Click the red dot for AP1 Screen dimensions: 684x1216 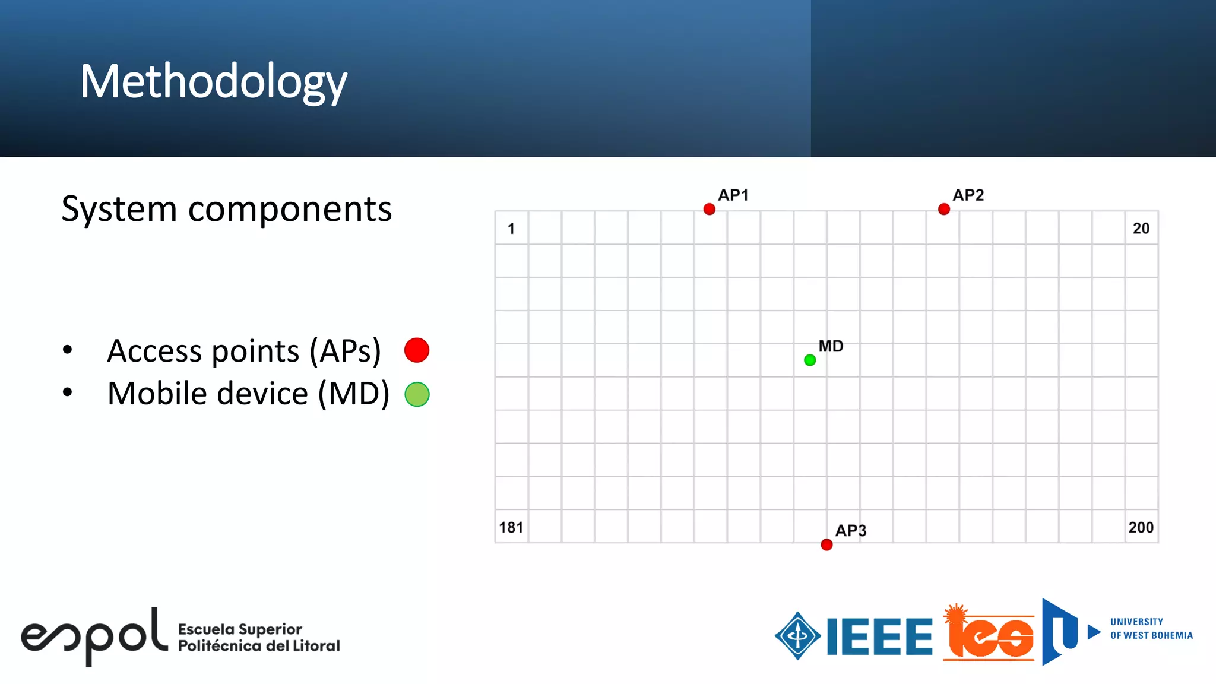tap(709, 209)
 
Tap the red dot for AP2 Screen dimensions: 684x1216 tap(943, 209)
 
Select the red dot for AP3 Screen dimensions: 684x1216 tap(826, 544)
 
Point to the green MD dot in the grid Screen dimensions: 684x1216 tap(810, 360)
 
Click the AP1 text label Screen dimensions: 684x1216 tap(733, 195)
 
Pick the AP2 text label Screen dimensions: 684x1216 tap(968, 195)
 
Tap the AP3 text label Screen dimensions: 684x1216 tap(851, 530)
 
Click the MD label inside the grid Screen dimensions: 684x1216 tap(831, 346)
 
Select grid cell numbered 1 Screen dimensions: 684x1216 tap(511, 228)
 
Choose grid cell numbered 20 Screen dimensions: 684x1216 tap(1141, 228)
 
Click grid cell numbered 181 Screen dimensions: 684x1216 tap(511, 527)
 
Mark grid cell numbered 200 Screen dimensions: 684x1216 tap(1141, 527)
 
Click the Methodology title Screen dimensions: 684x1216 tap(214, 82)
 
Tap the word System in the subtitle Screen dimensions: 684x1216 tap(119, 209)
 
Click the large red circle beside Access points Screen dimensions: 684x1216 tap(417, 350)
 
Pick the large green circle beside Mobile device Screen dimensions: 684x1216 tap(417, 394)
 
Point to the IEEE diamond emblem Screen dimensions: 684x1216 tap(797, 636)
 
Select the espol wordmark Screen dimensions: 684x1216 tap(94, 636)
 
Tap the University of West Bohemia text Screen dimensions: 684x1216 tap(1151, 629)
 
